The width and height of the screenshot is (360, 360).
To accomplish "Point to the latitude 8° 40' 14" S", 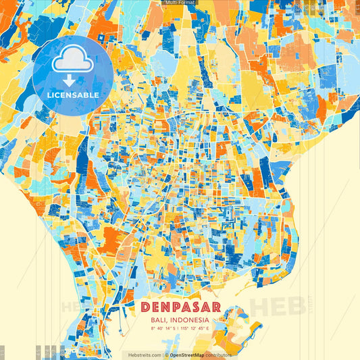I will [162, 329].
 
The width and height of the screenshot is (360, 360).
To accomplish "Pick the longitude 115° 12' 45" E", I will [199, 329].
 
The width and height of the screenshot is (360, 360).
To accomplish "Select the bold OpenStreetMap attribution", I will [192, 355].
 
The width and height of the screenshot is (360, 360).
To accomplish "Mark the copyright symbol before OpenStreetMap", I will [167, 355].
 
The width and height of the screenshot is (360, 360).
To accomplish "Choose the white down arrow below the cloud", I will [68, 80].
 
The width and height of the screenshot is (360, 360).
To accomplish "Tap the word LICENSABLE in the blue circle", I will [73, 95].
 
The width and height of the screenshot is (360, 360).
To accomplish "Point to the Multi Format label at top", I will [180, 3].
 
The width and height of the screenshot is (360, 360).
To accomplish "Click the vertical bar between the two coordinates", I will [180, 329].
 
